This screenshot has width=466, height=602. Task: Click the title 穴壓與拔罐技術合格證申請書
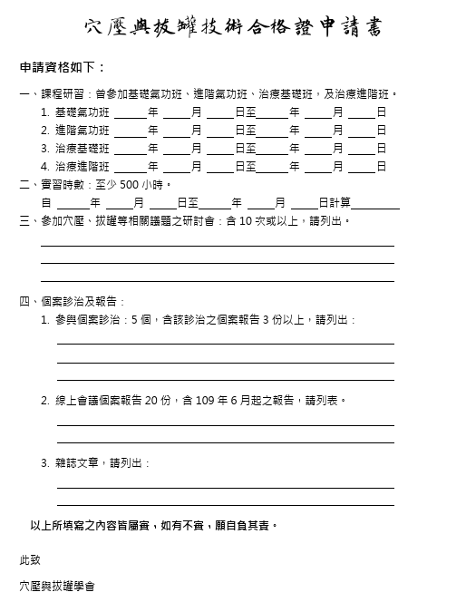click(x=232, y=27)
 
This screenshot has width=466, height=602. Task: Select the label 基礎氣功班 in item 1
click(x=83, y=112)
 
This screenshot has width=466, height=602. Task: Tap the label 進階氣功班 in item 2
click(x=83, y=131)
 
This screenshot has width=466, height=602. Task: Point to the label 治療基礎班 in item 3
click(x=83, y=149)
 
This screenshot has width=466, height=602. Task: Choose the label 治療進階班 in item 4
click(x=83, y=167)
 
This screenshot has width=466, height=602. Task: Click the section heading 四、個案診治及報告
click(x=73, y=302)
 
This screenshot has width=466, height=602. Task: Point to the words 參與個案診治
click(x=90, y=320)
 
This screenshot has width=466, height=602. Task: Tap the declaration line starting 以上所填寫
click(x=155, y=525)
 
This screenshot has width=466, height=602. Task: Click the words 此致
click(x=30, y=560)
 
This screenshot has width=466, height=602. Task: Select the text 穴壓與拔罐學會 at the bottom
click(x=57, y=586)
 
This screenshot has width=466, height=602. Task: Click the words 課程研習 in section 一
click(x=63, y=94)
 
